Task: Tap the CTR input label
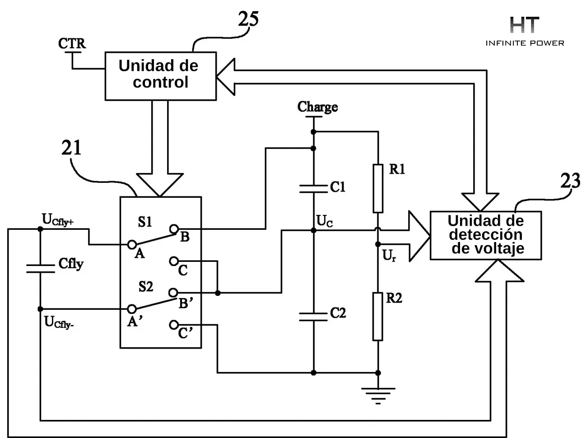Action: click(x=72, y=43)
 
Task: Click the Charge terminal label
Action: click(x=317, y=107)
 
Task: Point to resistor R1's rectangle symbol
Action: click(x=378, y=188)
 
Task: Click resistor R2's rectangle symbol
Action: click(x=378, y=317)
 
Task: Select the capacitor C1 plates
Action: click(x=313, y=188)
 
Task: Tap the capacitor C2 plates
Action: click(x=313, y=317)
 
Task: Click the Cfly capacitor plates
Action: click(x=40, y=269)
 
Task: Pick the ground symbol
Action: click(x=378, y=396)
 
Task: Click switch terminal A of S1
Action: click(x=132, y=244)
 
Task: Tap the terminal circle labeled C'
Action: click(x=174, y=325)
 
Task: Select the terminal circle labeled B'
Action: click(x=173, y=293)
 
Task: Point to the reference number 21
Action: click(x=71, y=148)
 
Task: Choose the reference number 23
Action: click(x=570, y=181)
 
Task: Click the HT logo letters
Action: click(x=525, y=25)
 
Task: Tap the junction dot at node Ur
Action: click(x=378, y=244)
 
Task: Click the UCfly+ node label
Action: click(x=58, y=220)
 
